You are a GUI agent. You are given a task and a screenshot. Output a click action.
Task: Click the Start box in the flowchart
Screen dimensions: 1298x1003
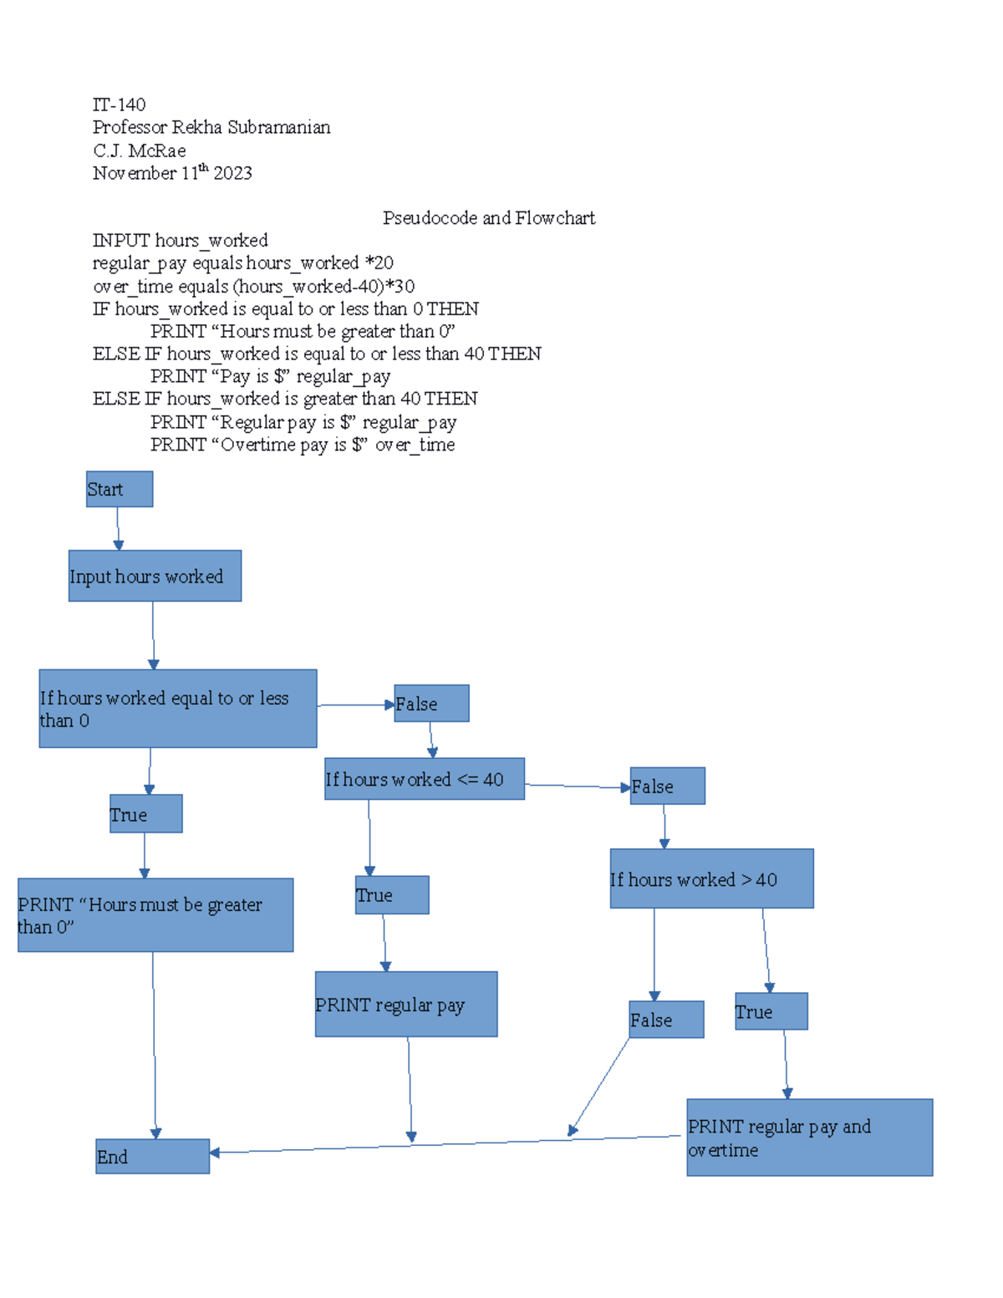(120, 489)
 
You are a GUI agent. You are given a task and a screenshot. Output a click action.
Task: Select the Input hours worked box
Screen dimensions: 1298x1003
(155, 576)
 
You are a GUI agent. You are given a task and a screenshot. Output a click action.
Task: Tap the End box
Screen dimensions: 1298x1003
(152, 1156)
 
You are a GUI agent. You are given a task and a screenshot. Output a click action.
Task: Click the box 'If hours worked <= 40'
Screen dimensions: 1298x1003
(425, 779)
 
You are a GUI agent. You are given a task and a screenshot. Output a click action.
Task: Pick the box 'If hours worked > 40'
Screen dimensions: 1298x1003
(711, 878)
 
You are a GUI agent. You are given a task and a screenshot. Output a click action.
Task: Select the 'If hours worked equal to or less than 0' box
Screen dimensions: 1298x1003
(177, 708)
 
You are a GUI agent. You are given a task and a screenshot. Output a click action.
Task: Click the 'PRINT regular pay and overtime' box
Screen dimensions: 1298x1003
(809, 1138)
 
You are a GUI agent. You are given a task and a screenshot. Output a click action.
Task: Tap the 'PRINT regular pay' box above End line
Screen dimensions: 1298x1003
(406, 1004)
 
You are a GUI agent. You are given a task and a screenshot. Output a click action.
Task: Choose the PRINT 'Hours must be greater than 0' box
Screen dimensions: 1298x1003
(155, 915)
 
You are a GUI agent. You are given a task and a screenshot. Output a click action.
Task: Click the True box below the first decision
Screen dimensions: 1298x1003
(145, 814)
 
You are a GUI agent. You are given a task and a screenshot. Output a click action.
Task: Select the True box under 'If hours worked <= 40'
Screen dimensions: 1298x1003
(392, 895)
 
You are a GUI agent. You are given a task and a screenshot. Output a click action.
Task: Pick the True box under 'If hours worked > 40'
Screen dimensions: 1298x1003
(771, 1011)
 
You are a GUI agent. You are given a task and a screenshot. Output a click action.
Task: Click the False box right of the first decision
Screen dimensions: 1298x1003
(431, 704)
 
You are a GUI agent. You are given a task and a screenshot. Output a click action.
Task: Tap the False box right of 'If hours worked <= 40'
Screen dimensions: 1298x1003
(667, 786)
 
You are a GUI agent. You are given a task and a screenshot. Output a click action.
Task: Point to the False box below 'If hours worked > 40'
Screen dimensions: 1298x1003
(666, 1020)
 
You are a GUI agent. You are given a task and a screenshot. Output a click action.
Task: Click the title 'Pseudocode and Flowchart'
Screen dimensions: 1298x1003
(489, 218)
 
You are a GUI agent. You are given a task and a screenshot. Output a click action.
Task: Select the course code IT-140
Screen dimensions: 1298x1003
(119, 104)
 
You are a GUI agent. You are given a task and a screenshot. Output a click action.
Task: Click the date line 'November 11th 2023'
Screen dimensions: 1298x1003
(172, 173)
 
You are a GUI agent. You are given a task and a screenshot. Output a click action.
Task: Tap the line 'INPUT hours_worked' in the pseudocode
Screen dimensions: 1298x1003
(180, 241)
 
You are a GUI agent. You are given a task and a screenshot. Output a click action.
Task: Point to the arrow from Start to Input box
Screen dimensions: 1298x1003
(118, 528)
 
